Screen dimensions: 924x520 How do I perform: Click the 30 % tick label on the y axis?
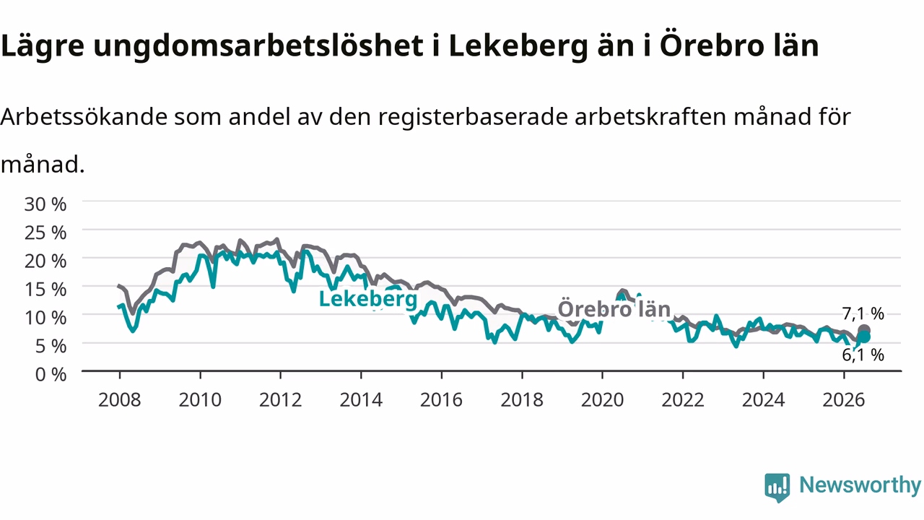click(45, 204)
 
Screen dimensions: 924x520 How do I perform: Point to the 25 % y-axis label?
click(45, 233)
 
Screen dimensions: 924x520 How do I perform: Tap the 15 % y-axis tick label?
click(45, 290)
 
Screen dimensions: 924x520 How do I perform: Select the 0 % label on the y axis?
click(51, 374)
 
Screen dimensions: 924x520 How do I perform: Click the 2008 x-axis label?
click(120, 400)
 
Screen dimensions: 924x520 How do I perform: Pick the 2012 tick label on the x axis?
click(281, 400)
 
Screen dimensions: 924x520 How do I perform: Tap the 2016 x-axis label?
click(441, 400)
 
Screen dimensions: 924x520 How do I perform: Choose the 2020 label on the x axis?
click(602, 400)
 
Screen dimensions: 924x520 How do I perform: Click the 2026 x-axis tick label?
click(844, 400)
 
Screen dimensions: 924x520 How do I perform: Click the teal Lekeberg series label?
click(368, 299)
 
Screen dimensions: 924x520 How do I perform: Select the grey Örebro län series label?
click(614, 308)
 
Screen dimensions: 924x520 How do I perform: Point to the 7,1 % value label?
click(863, 314)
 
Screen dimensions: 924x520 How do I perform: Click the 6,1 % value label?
click(863, 355)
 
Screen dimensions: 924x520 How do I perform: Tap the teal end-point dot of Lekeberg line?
click(864, 337)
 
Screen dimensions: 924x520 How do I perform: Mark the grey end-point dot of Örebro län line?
click(864, 330)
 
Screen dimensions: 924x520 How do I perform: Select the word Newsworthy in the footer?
click(860, 485)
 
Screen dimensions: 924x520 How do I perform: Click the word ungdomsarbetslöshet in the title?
click(258, 46)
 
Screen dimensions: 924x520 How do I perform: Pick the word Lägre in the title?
click(43, 46)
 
